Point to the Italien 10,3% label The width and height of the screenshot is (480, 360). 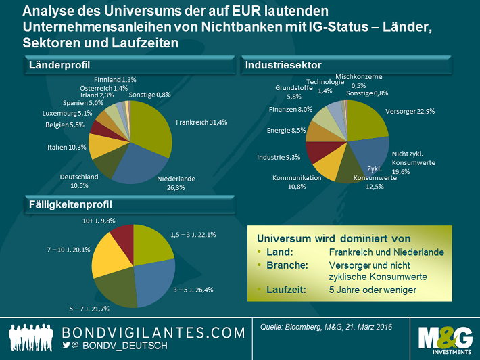coord(66,147)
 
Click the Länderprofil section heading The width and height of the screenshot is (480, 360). coord(59,65)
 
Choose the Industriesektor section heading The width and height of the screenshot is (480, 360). coord(283,65)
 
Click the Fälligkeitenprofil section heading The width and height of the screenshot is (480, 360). coord(70,204)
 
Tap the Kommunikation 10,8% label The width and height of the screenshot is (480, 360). coord(294,181)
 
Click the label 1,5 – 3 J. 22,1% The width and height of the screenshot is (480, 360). coord(193,235)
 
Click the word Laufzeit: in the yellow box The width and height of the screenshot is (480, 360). coord(279,289)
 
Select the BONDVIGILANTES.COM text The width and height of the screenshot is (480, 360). coord(153,333)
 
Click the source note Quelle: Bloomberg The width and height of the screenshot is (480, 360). coord(326,328)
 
